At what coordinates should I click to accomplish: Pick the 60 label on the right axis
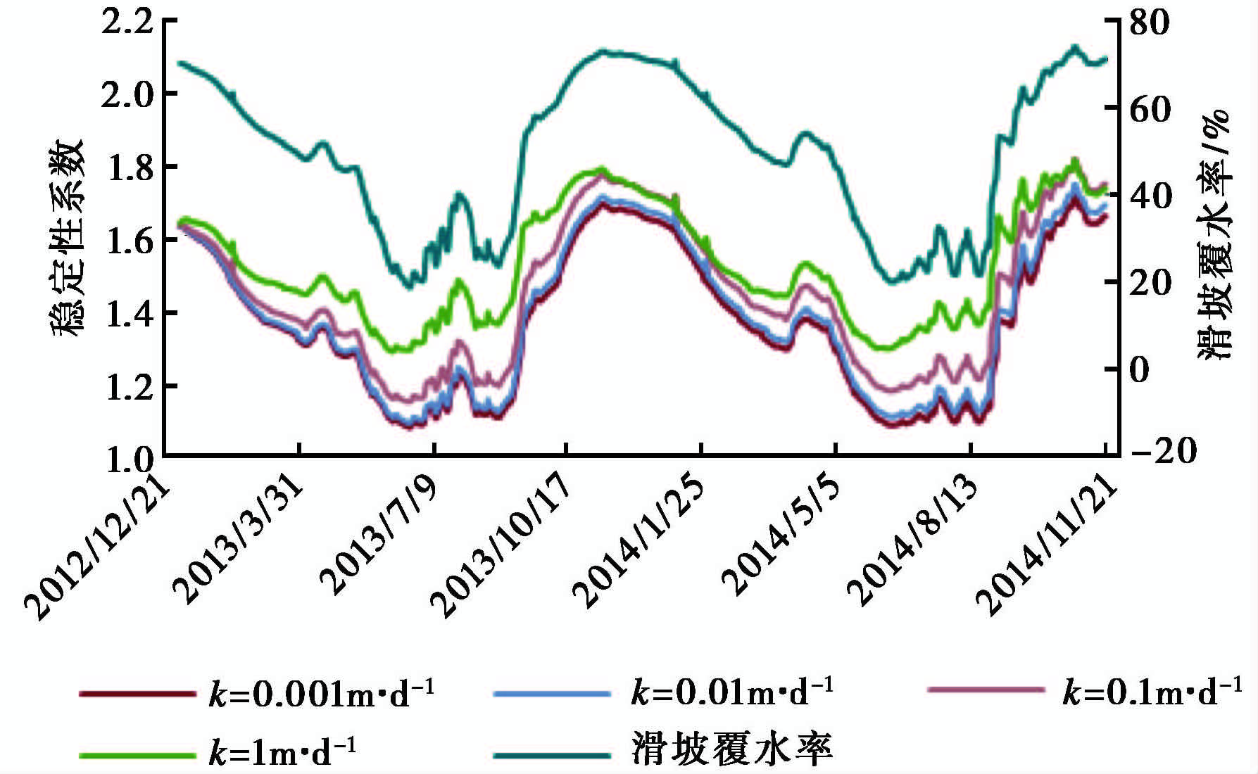[1149, 109]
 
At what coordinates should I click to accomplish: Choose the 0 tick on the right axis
[1139, 369]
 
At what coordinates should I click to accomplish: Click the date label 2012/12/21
[99, 549]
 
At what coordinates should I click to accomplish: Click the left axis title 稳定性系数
[67, 236]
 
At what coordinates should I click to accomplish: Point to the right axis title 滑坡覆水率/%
[1214, 236]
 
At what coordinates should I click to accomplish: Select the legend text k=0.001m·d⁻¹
[322, 693]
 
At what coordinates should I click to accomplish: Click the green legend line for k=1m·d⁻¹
[137, 755]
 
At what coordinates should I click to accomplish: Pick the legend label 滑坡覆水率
[732, 749]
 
